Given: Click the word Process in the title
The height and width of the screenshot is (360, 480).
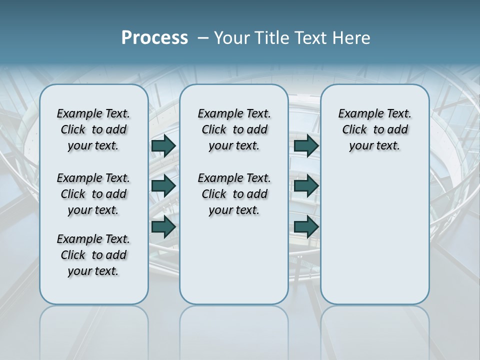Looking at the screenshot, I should coord(154,38).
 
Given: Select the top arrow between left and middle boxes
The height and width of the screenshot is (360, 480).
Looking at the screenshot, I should coord(163,145).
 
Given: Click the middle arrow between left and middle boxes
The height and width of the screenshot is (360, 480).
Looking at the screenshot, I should coord(163,185).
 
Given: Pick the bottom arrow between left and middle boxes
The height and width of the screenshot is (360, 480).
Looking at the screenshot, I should coord(163,226).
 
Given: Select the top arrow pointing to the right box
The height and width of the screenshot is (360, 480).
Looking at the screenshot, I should coord(306,145).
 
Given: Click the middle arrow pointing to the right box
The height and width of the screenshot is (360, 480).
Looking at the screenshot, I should coord(306,185).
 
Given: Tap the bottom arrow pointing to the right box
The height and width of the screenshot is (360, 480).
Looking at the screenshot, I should coord(306,226).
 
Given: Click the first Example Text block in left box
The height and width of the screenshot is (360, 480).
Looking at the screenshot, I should coord(93,129).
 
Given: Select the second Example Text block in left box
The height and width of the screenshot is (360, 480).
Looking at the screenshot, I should coord(93,194).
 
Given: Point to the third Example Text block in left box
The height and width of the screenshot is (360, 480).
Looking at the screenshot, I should coord(93,255).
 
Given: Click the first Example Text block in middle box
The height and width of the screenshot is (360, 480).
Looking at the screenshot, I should coord(234,129).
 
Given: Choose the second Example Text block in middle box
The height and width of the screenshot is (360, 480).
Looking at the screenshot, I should coord(234,194).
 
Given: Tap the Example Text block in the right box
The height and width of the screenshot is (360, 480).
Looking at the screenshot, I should coord(374,129).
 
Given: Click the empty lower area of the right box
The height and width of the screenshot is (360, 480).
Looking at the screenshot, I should coord(374,235).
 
